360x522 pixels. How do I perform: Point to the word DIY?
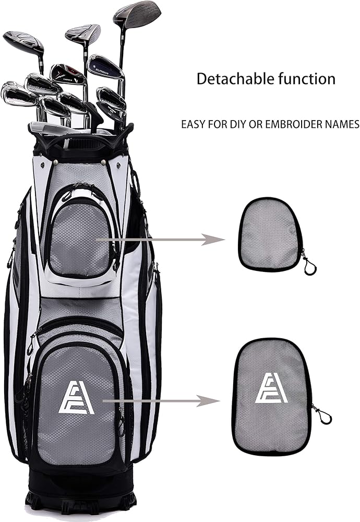235,124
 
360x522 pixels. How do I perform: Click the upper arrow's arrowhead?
215,240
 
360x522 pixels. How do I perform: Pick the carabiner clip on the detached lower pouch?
323,416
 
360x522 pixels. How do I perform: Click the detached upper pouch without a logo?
269,235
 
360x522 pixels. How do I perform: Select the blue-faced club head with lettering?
105,67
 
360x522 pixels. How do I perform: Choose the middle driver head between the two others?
83,34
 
